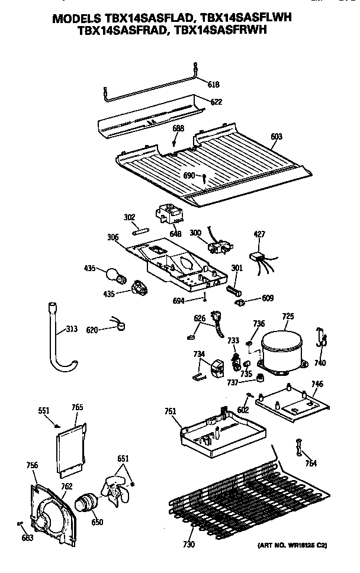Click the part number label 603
click(x=277, y=137)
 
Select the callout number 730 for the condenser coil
click(x=188, y=544)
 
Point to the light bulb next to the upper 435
click(x=112, y=274)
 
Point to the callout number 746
click(x=317, y=384)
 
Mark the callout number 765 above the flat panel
click(x=78, y=407)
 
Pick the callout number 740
click(x=320, y=363)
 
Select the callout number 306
click(x=112, y=237)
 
